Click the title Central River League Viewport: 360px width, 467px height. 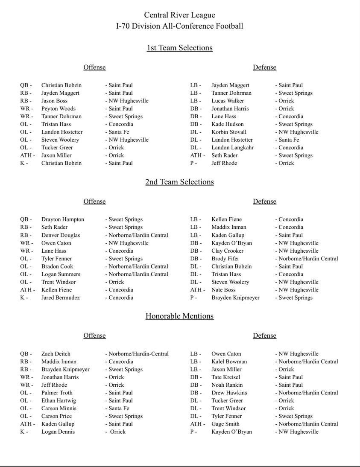point(179,15)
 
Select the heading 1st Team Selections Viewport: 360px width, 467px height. point(179,48)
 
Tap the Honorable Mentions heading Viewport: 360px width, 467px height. point(179,316)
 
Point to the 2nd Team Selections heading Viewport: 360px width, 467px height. point(179,182)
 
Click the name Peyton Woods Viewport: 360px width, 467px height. point(59,108)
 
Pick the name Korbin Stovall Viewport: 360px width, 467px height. point(229,132)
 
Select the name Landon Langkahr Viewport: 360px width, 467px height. point(232,148)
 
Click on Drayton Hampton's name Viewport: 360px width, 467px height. point(63,219)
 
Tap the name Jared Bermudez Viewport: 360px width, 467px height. point(60,298)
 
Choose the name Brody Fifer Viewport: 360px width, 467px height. point(225,259)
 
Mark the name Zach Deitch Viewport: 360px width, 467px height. point(56,354)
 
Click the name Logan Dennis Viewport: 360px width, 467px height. point(58,432)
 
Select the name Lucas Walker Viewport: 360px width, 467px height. point(228,101)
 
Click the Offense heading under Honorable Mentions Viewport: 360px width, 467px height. point(94,336)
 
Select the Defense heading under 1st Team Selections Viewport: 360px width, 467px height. point(264,67)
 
